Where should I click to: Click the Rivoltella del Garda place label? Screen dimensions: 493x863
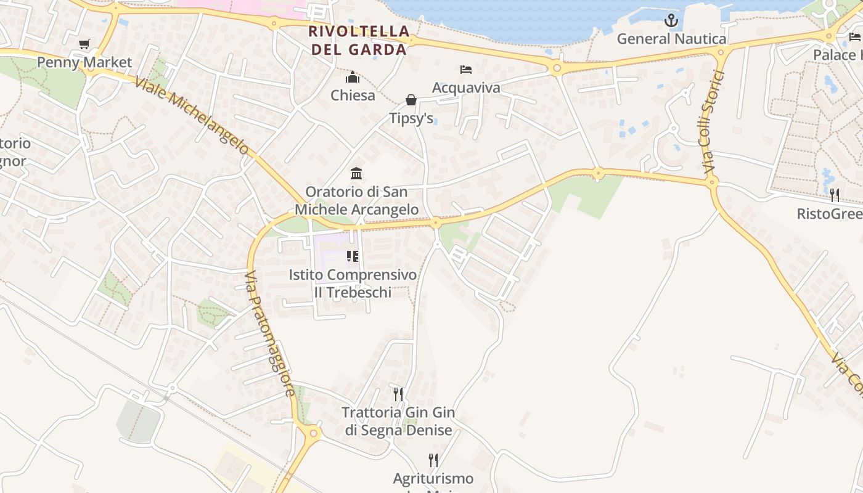tap(359, 40)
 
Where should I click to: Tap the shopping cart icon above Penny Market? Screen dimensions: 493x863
tap(84, 44)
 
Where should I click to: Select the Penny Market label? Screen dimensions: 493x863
tap(84, 62)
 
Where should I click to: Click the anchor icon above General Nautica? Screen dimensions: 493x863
tap(671, 21)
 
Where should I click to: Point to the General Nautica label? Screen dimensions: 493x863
tap(671, 39)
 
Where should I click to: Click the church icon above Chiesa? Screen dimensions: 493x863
tap(353, 78)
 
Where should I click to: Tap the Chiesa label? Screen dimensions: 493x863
tap(353, 96)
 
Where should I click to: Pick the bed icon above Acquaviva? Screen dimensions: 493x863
tap(466, 70)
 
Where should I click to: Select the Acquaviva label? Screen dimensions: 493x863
tap(466, 88)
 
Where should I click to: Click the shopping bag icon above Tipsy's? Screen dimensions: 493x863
tap(411, 100)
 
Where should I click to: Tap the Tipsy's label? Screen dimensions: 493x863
tap(411, 118)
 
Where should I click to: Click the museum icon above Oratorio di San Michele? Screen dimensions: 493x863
tap(356, 174)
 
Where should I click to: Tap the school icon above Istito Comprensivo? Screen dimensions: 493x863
tap(353, 256)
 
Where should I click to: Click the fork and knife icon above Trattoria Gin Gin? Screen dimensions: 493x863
tap(398, 394)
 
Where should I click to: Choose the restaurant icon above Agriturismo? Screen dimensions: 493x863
tap(433, 460)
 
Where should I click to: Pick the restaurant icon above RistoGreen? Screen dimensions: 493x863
tap(835, 195)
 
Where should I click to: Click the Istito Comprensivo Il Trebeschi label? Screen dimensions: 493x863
tap(353, 283)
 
